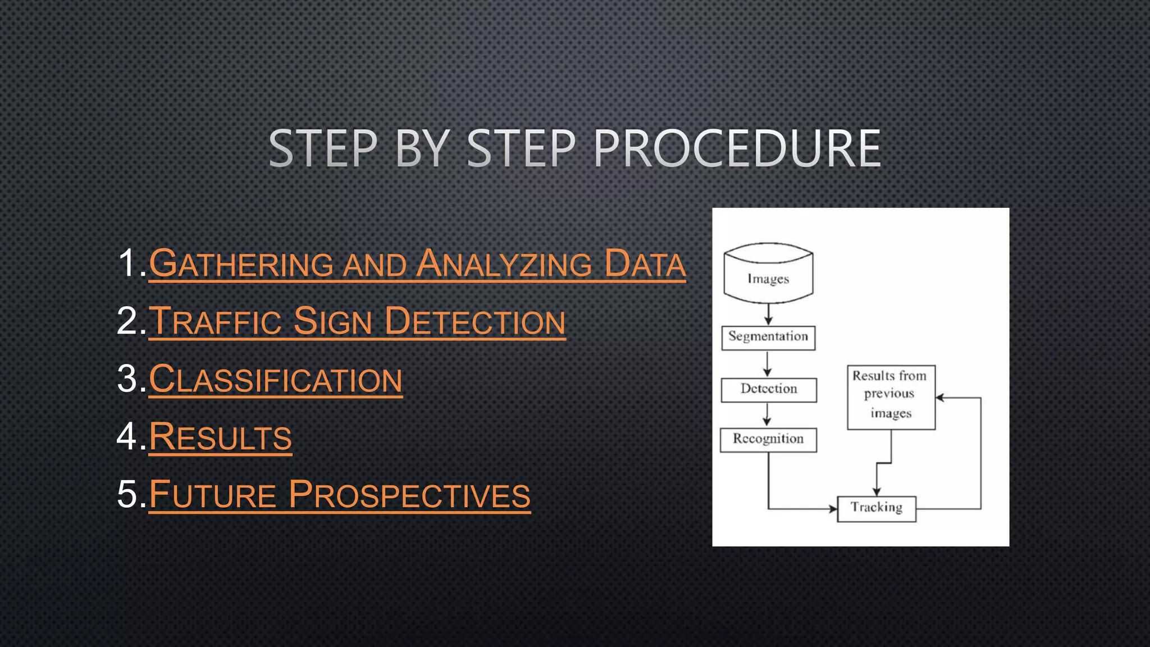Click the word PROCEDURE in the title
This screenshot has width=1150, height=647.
(x=737, y=148)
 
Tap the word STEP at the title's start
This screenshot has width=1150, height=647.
(x=323, y=148)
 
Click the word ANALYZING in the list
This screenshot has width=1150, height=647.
(x=504, y=264)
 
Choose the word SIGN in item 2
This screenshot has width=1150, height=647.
(x=333, y=322)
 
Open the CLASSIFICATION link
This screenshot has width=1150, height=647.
(x=276, y=380)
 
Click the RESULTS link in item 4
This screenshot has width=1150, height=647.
(x=220, y=438)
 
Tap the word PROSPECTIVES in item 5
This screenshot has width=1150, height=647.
(x=409, y=495)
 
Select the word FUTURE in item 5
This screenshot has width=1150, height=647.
(x=213, y=495)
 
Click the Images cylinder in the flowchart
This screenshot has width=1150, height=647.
(x=768, y=274)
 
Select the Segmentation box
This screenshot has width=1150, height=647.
(x=768, y=338)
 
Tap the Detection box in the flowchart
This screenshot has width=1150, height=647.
(x=769, y=389)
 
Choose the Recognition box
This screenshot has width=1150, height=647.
(x=768, y=439)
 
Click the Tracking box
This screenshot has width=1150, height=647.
(x=876, y=508)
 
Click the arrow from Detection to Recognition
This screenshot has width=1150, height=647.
(x=767, y=414)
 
